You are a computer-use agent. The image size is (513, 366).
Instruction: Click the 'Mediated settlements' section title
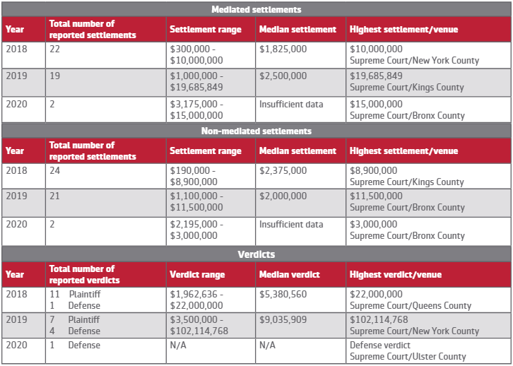point(256,9)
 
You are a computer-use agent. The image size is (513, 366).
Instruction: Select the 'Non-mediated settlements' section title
point(256,131)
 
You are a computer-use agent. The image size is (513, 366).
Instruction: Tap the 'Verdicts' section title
point(256,254)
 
